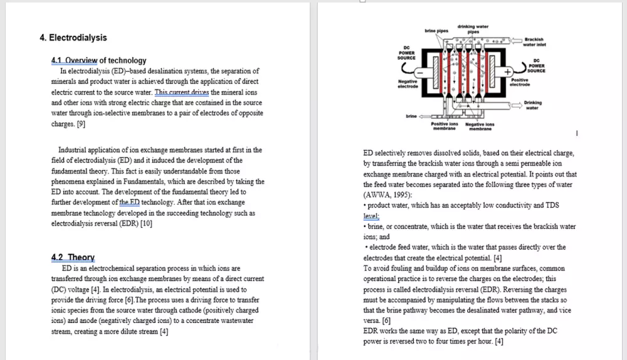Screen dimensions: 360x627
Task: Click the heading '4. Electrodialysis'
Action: click(73, 38)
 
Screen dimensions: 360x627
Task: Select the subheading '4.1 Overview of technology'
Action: click(98, 61)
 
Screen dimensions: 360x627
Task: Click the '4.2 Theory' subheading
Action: click(73, 257)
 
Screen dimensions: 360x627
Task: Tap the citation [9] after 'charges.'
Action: click(81, 124)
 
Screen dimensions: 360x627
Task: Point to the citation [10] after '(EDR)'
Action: click(146, 224)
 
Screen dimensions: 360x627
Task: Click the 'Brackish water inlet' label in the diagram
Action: click(534, 42)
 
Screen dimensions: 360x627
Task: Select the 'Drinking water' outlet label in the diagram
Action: click(532, 105)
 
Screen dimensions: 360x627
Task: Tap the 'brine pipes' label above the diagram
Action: click(436, 31)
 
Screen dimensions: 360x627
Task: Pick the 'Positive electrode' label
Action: click(520, 82)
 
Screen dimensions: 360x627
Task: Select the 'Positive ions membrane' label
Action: click(445, 126)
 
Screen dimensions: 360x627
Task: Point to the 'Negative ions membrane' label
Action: click(480, 126)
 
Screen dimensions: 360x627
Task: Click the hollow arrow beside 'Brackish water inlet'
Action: click(516, 41)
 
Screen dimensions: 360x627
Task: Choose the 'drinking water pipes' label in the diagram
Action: click(473, 29)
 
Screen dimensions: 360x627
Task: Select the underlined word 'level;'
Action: click(372, 216)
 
